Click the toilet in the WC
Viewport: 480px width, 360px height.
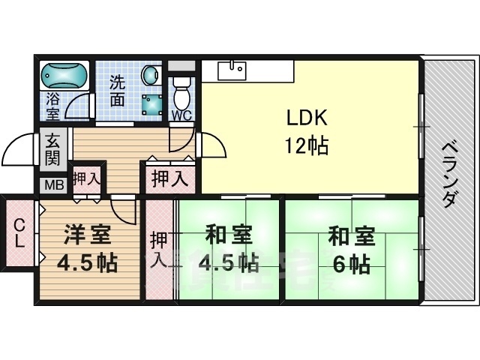pyautogui.click(x=181, y=94)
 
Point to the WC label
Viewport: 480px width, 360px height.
pyautogui.click(x=181, y=115)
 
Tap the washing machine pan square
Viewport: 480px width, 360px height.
pyautogui.click(x=154, y=104)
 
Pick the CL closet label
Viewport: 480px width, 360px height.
pyautogui.click(x=20, y=232)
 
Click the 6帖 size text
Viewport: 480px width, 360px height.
pyautogui.click(x=349, y=264)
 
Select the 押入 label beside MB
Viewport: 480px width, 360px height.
pyautogui.click(x=86, y=178)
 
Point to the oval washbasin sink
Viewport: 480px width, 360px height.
pyautogui.click(x=150, y=76)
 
